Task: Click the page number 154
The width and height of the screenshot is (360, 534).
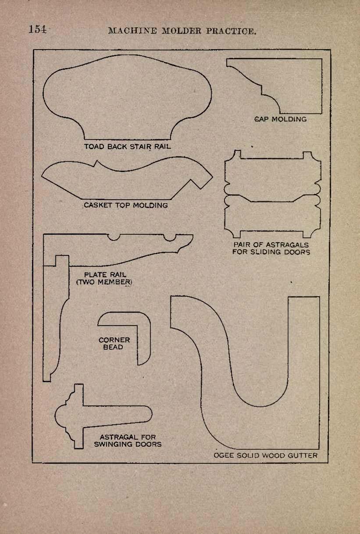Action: click(37, 29)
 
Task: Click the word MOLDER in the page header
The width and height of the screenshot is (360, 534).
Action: click(181, 31)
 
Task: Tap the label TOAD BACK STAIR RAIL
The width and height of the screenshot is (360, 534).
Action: click(128, 147)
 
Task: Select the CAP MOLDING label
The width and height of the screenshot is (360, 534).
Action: click(281, 119)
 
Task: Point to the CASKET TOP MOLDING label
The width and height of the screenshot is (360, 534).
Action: click(126, 205)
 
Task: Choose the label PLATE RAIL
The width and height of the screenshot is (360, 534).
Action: click(105, 275)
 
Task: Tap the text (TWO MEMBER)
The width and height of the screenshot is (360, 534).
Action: click(104, 282)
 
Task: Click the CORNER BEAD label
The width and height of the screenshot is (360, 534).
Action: click(114, 343)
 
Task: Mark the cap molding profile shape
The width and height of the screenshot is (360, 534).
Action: click(322, 86)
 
